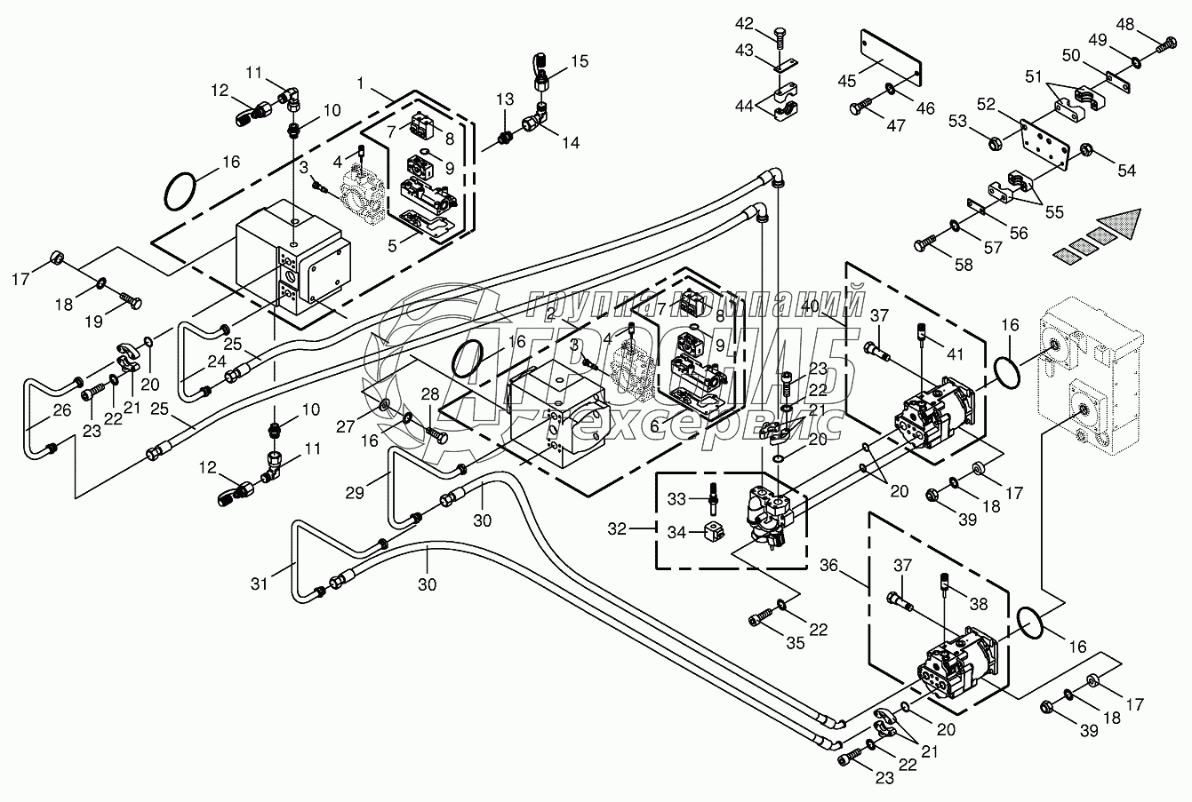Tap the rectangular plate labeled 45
[885, 58]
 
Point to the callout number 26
[36, 411]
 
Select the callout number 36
[828, 565]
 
